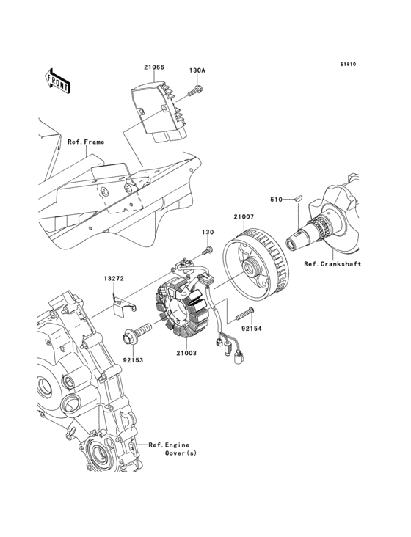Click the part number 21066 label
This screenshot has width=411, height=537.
pos(153,67)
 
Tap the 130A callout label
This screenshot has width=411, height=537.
pos(197,71)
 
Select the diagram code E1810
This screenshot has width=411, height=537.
pos(347,64)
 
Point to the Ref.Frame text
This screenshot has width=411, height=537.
pos(86,142)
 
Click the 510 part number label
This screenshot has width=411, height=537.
pos(276,199)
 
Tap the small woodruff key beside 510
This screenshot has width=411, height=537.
pos(297,198)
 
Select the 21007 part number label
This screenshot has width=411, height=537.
pos(244,216)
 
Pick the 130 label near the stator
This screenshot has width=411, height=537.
pos(208,232)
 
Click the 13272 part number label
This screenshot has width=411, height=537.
pos(112,279)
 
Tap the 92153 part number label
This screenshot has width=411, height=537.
pos(132,361)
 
